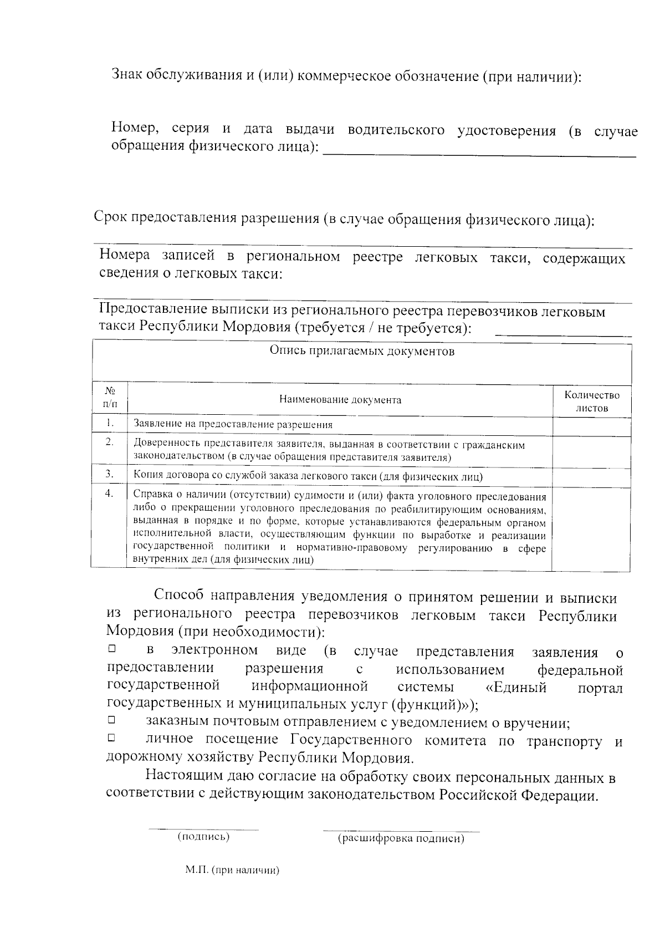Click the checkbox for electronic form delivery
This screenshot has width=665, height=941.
(x=111, y=648)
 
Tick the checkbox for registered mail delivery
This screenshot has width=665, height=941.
(x=111, y=720)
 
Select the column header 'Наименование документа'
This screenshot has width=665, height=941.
(x=340, y=400)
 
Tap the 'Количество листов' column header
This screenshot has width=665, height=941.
(x=591, y=401)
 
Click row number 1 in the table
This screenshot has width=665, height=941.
(x=110, y=424)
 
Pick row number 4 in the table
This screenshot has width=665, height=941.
(x=110, y=494)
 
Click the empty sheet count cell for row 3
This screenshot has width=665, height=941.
(x=591, y=476)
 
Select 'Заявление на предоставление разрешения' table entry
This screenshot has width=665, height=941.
(x=233, y=425)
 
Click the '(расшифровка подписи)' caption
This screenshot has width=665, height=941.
(x=401, y=839)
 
